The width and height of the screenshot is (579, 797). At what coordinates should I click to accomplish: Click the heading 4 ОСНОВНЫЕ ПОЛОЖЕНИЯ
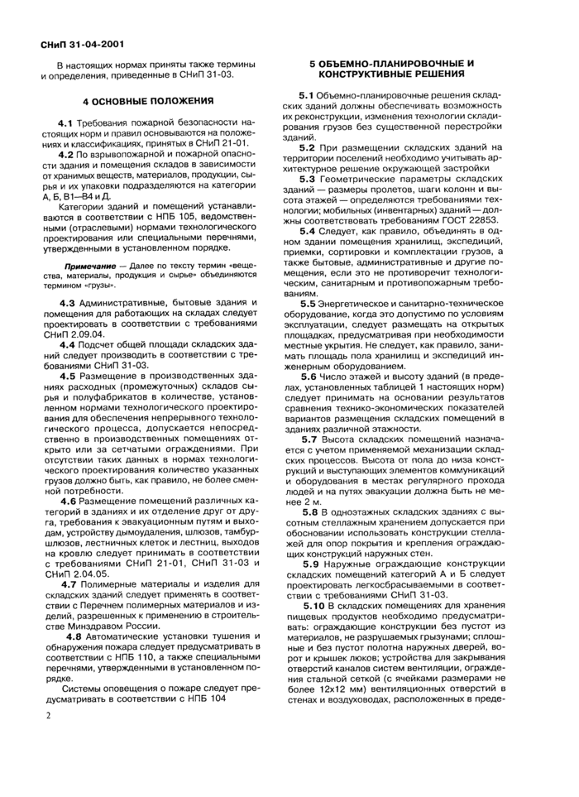[148, 100]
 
